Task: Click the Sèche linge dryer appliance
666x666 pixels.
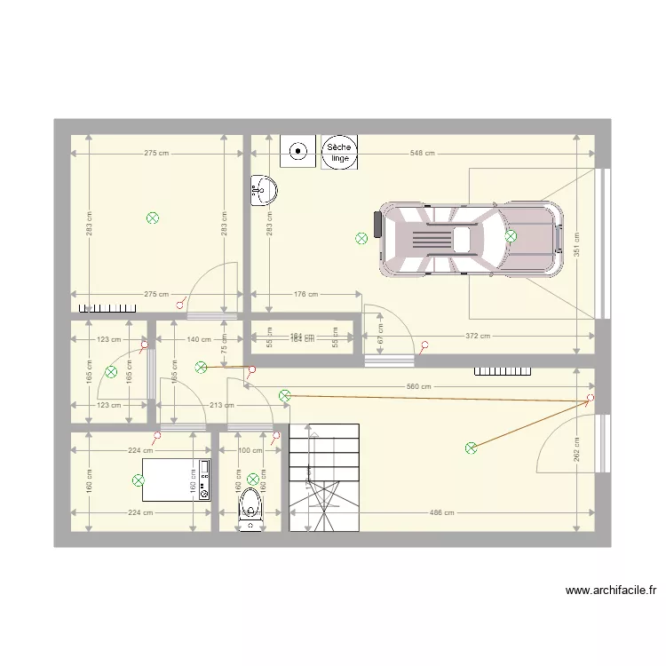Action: tap(338, 153)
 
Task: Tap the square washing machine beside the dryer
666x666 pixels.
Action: tap(297, 152)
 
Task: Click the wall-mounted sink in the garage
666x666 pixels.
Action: tap(263, 189)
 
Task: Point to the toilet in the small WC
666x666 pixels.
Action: tap(251, 511)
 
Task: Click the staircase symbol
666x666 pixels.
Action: tap(324, 477)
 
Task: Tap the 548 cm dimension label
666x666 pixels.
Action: tap(422, 153)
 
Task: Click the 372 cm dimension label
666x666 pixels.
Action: tap(478, 336)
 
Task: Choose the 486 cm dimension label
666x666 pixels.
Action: tap(441, 512)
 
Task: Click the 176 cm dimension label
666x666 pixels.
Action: tap(305, 295)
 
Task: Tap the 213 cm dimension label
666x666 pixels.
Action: tap(222, 405)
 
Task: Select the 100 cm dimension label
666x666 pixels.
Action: tap(251, 451)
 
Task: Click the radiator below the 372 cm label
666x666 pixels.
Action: tap(502, 371)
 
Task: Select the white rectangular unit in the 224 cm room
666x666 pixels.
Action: tap(176, 480)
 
